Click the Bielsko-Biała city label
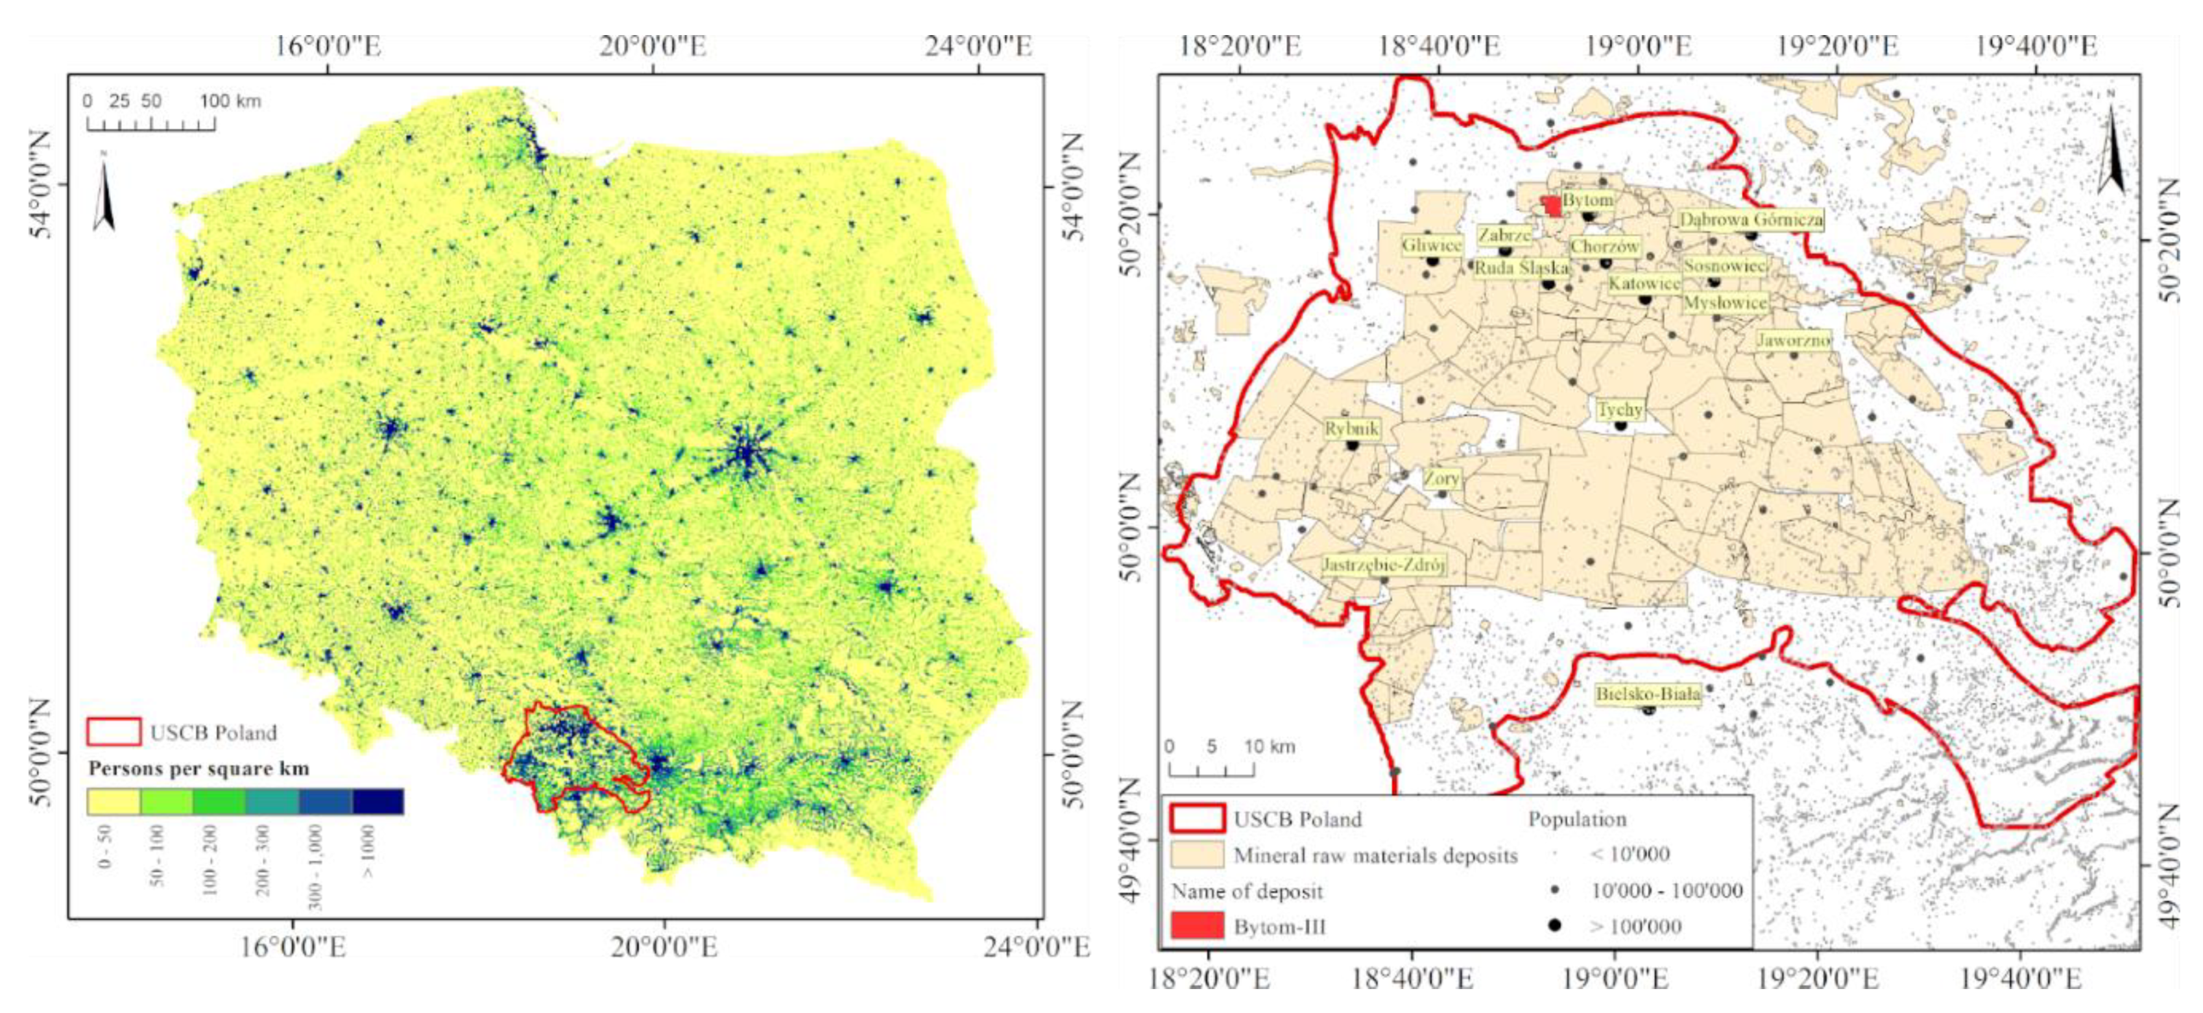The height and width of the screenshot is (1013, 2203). tap(1647, 694)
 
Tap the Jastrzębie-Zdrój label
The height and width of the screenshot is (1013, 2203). tap(1383, 565)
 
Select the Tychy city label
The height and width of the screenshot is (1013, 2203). tap(1620, 411)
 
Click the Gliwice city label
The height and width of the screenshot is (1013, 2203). tap(1432, 245)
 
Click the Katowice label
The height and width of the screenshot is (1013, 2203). tap(1644, 283)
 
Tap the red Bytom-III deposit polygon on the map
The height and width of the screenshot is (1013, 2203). tap(1550, 206)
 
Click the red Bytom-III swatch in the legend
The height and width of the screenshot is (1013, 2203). tap(1198, 926)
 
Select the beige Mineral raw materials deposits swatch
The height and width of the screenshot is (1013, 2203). tap(1198, 855)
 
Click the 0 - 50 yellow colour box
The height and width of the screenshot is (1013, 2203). tap(114, 801)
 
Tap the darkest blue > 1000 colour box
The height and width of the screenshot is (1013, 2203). tap(377, 801)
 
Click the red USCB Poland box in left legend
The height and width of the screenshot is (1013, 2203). tap(114, 733)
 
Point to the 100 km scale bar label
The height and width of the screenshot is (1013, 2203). tap(230, 101)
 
